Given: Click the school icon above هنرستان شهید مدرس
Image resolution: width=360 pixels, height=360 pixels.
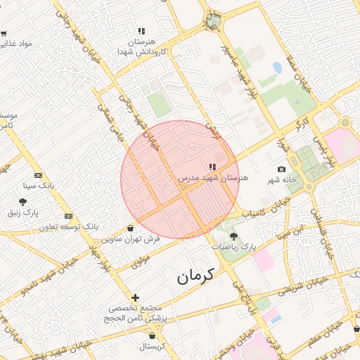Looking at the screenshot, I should tap(212, 167).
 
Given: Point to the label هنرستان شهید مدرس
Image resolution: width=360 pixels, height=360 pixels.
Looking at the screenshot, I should tap(213, 179).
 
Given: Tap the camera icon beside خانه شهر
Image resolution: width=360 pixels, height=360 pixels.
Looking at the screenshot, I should tap(282, 169).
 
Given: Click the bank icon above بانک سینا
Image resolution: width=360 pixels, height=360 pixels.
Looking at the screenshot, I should tap(38, 175).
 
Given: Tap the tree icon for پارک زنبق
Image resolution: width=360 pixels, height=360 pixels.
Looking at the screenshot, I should tap(22, 201).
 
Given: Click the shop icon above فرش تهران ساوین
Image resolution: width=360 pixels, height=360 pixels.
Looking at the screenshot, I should tap(131, 228).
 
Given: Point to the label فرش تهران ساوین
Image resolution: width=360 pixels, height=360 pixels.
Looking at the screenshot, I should tap(131, 239).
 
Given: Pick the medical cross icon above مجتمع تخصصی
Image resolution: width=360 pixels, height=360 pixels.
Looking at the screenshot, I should tap(136, 298).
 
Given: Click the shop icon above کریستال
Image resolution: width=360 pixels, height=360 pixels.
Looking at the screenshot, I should tap(151, 335).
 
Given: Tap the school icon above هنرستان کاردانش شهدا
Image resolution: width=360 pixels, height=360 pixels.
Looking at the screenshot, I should tap(141, 31).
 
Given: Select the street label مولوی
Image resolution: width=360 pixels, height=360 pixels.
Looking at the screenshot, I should tap(141, 261).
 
